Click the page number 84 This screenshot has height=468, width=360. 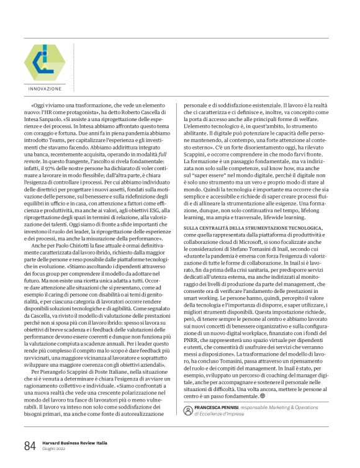[x=30, y=446]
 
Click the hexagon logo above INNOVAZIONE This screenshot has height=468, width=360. [x=43, y=61]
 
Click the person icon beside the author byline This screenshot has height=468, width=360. [x=188, y=410]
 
